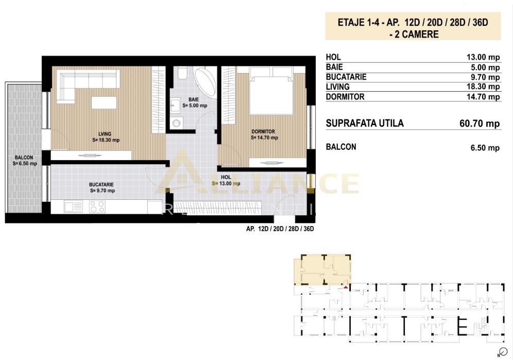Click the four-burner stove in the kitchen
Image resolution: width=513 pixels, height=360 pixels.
[x=97, y=207]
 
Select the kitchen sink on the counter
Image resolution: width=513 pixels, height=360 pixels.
[x=73, y=207]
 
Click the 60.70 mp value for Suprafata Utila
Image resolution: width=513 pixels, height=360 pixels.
[x=479, y=124]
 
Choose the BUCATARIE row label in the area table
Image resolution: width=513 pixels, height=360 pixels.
[x=346, y=77]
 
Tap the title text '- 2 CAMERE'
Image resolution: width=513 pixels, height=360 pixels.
[x=413, y=35]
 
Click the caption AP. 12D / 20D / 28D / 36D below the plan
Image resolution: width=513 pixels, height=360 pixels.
[x=280, y=229]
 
